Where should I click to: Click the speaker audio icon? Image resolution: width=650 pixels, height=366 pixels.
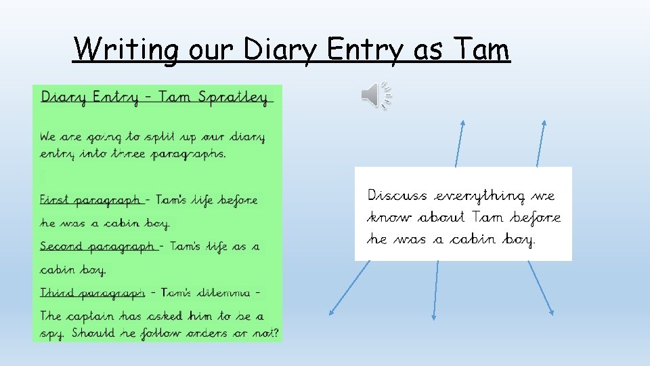pyautogui.click(x=376, y=96)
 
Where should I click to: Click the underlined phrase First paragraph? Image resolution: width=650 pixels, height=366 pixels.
pyautogui.click(x=91, y=200)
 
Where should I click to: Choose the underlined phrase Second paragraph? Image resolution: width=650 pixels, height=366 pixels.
pyautogui.click(x=99, y=247)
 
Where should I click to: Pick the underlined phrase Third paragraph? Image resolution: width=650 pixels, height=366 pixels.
pyautogui.click(x=92, y=293)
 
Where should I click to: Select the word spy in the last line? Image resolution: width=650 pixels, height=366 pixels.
pyautogui.click(x=51, y=334)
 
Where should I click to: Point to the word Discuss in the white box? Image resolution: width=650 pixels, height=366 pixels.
pyautogui.click(x=397, y=196)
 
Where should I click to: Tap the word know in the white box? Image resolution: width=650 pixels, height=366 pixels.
pyautogui.click(x=389, y=218)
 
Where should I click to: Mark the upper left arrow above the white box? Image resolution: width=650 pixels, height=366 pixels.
pyautogui.click(x=460, y=143)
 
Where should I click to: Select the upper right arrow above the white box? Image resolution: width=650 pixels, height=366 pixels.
pyautogui.click(x=540, y=143)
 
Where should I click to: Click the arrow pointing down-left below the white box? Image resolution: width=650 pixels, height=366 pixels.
pyautogui.click(x=349, y=288)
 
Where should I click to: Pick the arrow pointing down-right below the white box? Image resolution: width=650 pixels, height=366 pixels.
pyautogui.click(x=541, y=288)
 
